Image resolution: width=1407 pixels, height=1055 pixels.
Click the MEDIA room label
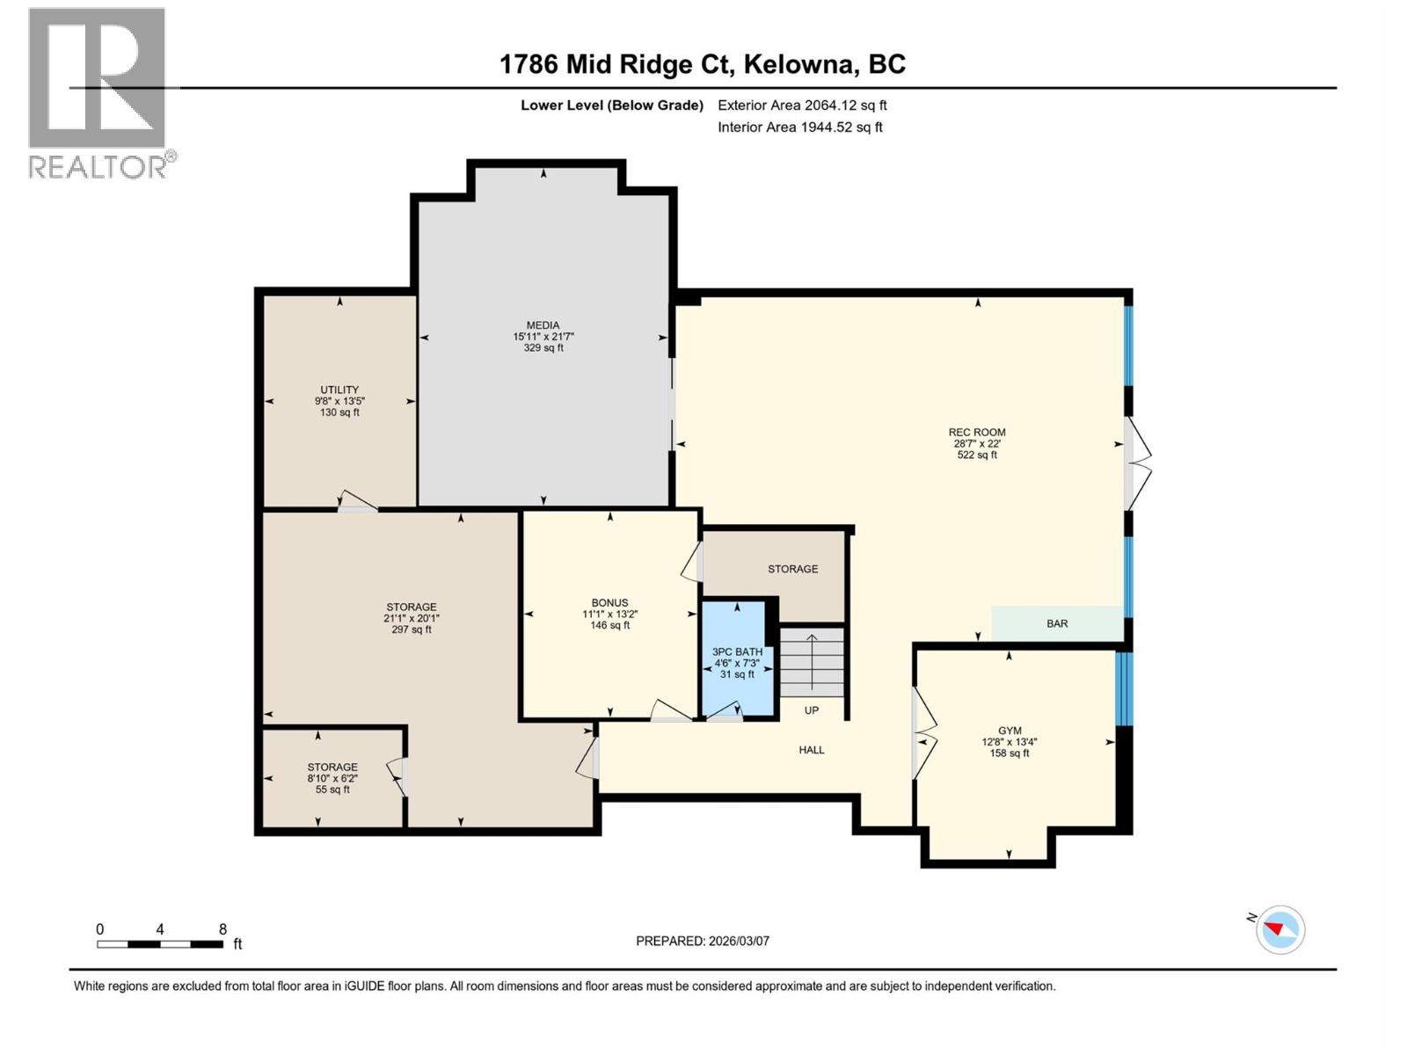[543, 325]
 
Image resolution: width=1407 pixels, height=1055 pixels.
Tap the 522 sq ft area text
[977, 455]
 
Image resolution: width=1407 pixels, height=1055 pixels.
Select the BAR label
[1057, 623]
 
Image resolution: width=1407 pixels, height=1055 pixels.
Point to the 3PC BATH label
[737, 652]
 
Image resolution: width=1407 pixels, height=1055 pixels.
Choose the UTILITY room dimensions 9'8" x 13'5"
[339, 401]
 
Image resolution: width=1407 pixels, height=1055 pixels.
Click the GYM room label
[1010, 731]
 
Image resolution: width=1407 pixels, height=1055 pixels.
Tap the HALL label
[811, 750]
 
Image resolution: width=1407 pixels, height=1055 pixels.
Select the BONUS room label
[609, 603]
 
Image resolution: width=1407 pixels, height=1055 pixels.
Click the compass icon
[1279, 930]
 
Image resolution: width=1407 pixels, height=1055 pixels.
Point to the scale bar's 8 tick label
[223, 929]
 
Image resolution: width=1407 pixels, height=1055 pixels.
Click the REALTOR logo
[98, 92]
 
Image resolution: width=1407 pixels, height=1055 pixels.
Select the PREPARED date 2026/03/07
[703, 941]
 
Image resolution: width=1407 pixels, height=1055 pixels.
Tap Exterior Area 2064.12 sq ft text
[802, 105]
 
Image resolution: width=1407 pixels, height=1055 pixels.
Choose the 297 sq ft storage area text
[412, 629]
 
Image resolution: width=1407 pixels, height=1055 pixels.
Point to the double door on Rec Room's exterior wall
[1137, 463]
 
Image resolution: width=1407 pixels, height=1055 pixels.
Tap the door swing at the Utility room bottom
[358, 501]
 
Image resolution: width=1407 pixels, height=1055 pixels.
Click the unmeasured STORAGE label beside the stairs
[792, 569]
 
